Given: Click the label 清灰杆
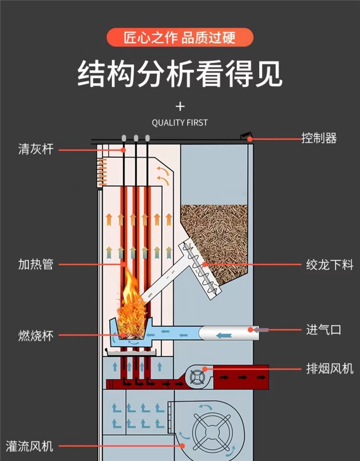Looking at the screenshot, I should [36, 149].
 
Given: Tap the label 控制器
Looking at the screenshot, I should [319, 138].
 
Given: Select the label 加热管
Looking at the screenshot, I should [36, 264].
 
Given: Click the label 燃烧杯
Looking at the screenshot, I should [36, 335].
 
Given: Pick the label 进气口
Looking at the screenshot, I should [324, 330].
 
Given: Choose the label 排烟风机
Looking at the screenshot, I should [330, 369].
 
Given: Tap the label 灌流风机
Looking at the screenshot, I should [30, 446].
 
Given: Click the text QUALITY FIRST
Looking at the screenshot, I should [180, 122].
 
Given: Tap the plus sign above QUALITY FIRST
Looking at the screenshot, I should [180, 107].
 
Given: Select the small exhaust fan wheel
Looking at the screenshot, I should [196, 377].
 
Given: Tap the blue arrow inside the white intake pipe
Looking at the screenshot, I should [223, 335].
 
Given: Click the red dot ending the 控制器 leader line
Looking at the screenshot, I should [250, 139].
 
